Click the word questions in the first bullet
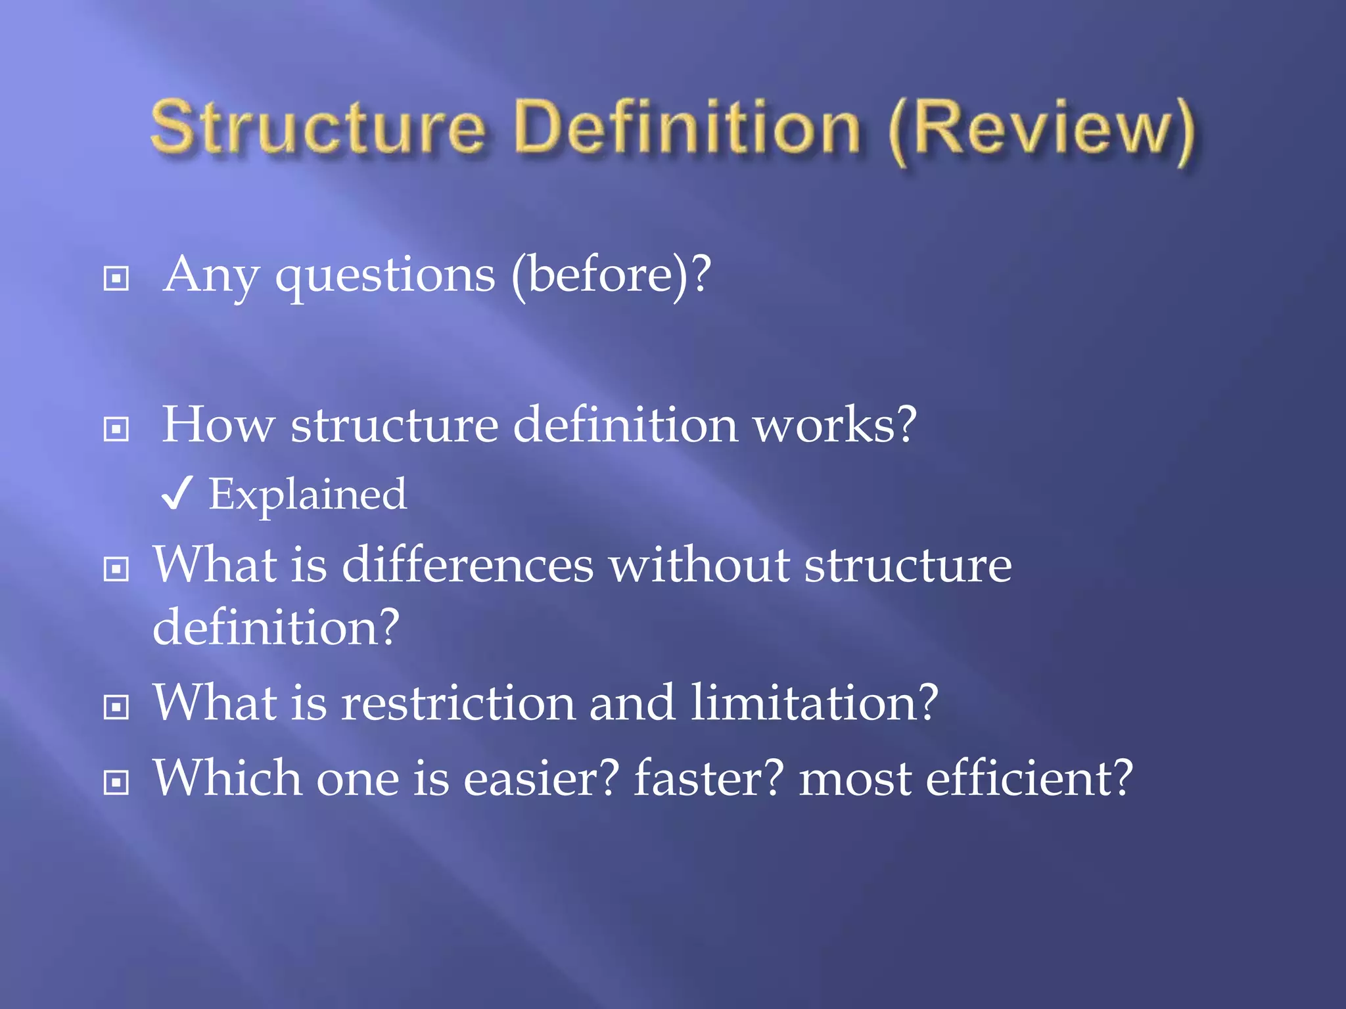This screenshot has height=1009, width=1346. click(x=385, y=276)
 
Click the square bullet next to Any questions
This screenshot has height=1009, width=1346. click(x=116, y=279)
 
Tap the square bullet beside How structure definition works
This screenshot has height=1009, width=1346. click(x=116, y=429)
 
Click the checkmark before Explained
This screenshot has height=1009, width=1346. click(x=176, y=494)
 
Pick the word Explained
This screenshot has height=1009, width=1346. click(x=308, y=494)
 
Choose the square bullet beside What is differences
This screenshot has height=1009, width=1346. click(x=116, y=569)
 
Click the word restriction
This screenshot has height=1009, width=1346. click(x=458, y=703)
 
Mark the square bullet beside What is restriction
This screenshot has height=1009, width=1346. click(x=116, y=707)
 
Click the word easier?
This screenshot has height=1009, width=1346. click(x=542, y=778)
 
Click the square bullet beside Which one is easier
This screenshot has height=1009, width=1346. click(x=116, y=782)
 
